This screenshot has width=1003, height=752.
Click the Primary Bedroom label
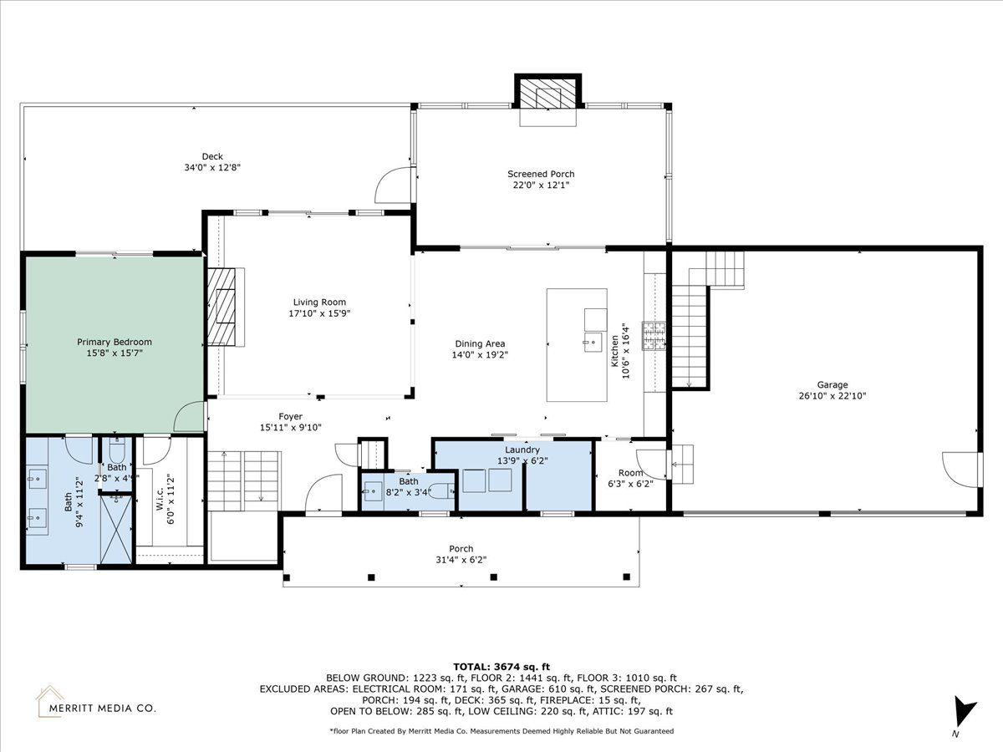115,342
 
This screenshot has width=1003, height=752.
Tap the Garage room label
832,385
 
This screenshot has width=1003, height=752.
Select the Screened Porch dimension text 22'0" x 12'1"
541,185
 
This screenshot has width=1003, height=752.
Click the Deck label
212,156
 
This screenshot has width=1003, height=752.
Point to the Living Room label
319,302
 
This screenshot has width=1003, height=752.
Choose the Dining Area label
480,343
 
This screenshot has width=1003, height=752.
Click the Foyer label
291,416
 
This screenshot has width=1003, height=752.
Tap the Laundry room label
522,450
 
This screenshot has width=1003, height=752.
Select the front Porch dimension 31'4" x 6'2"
461,560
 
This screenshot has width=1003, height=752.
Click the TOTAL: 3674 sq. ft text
501,667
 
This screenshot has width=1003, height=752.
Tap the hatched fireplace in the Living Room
221,307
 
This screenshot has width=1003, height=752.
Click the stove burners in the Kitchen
654,336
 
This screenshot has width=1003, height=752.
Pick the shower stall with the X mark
116,530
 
